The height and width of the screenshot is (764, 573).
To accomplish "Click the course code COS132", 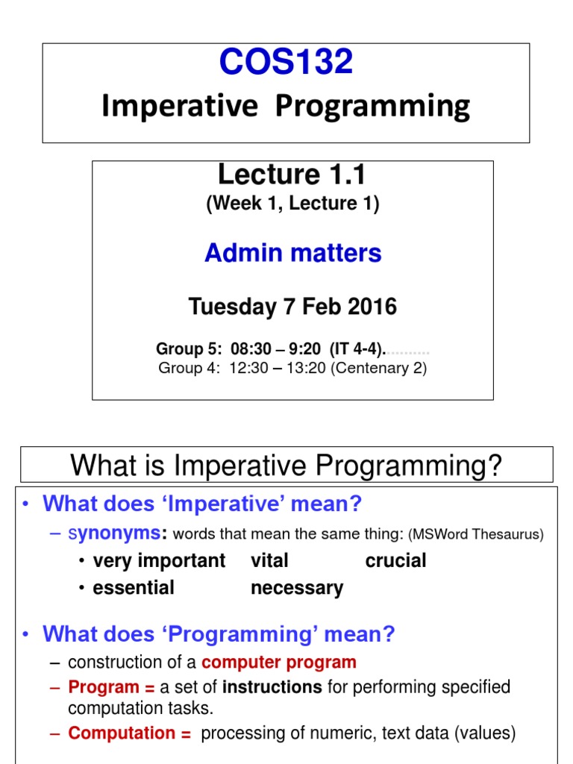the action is [x=286, y=61].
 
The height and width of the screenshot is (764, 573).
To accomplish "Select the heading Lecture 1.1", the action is [x=292, y=175].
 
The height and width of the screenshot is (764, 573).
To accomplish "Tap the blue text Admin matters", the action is [x=292, y=253].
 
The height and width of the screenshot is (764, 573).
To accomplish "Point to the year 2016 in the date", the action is [x=373, y=307].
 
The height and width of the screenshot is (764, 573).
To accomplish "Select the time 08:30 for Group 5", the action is [x=251, y=349].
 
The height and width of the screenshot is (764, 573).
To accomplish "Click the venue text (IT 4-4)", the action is [x=358, y=349].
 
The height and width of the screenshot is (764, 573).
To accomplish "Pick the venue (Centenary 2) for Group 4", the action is [x=378, y=368].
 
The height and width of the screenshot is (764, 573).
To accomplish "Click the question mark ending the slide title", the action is [x=494, y=465].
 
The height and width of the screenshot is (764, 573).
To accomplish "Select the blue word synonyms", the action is [x=114, y=533].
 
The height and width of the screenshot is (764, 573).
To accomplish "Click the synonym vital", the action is [x=269, y=560].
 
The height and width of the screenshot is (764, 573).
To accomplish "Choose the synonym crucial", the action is [x=395, y=560].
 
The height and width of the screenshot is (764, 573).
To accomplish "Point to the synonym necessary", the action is [x=297, y=589].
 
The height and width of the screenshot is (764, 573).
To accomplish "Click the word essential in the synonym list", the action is [x=134, y=588].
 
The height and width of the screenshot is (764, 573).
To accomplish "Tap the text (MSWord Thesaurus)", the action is [x=475, y=534].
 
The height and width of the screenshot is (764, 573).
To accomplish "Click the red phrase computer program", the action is [x=279, y=663].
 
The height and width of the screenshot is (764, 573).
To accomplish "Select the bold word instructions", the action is [x=272, y=687].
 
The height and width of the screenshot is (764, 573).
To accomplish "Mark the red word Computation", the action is [x=122, y=733].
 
